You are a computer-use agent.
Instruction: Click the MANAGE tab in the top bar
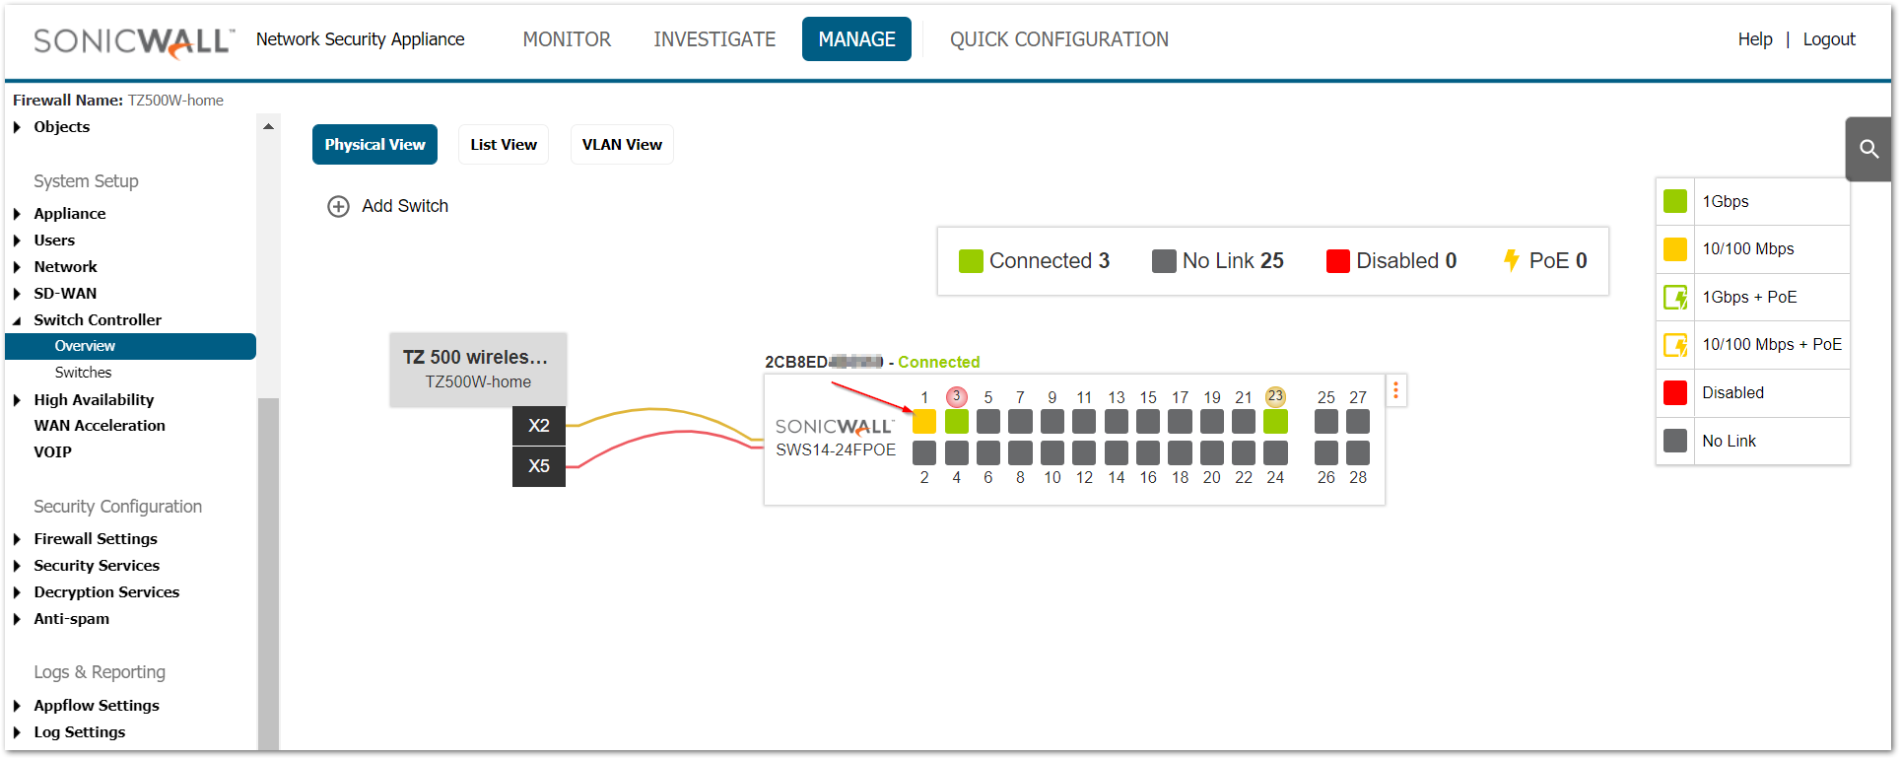tap(856, 39)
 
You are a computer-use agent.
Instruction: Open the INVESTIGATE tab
tap(714, 39)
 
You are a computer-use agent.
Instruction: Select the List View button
tap(504, 145)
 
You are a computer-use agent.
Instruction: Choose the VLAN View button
tap(622, 145)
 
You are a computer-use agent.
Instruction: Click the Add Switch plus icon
tap(338, 206)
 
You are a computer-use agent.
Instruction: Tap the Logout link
tap(1828, 39)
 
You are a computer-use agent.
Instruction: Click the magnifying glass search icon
tap(1868, 149)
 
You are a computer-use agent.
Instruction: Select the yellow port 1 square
tap(924, 422)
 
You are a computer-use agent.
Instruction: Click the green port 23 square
tap(1275, 422)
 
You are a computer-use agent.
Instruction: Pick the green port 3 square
tap(956, 422)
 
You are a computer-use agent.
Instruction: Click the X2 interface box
tap(538, 426)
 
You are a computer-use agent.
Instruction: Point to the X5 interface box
tap(538, 466)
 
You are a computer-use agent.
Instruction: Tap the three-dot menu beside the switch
tap(1395, 390)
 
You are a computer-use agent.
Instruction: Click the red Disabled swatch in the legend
tap(1674, 392)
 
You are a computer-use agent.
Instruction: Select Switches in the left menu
tap(83, 373)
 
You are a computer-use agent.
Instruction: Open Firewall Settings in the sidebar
tap(96, 539)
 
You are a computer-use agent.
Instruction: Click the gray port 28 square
tap(1358, 453)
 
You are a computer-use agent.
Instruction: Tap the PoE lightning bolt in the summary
tap(1511, 261)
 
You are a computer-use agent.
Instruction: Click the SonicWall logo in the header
tap(134, 41)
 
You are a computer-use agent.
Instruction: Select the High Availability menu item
tap(94, 400)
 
